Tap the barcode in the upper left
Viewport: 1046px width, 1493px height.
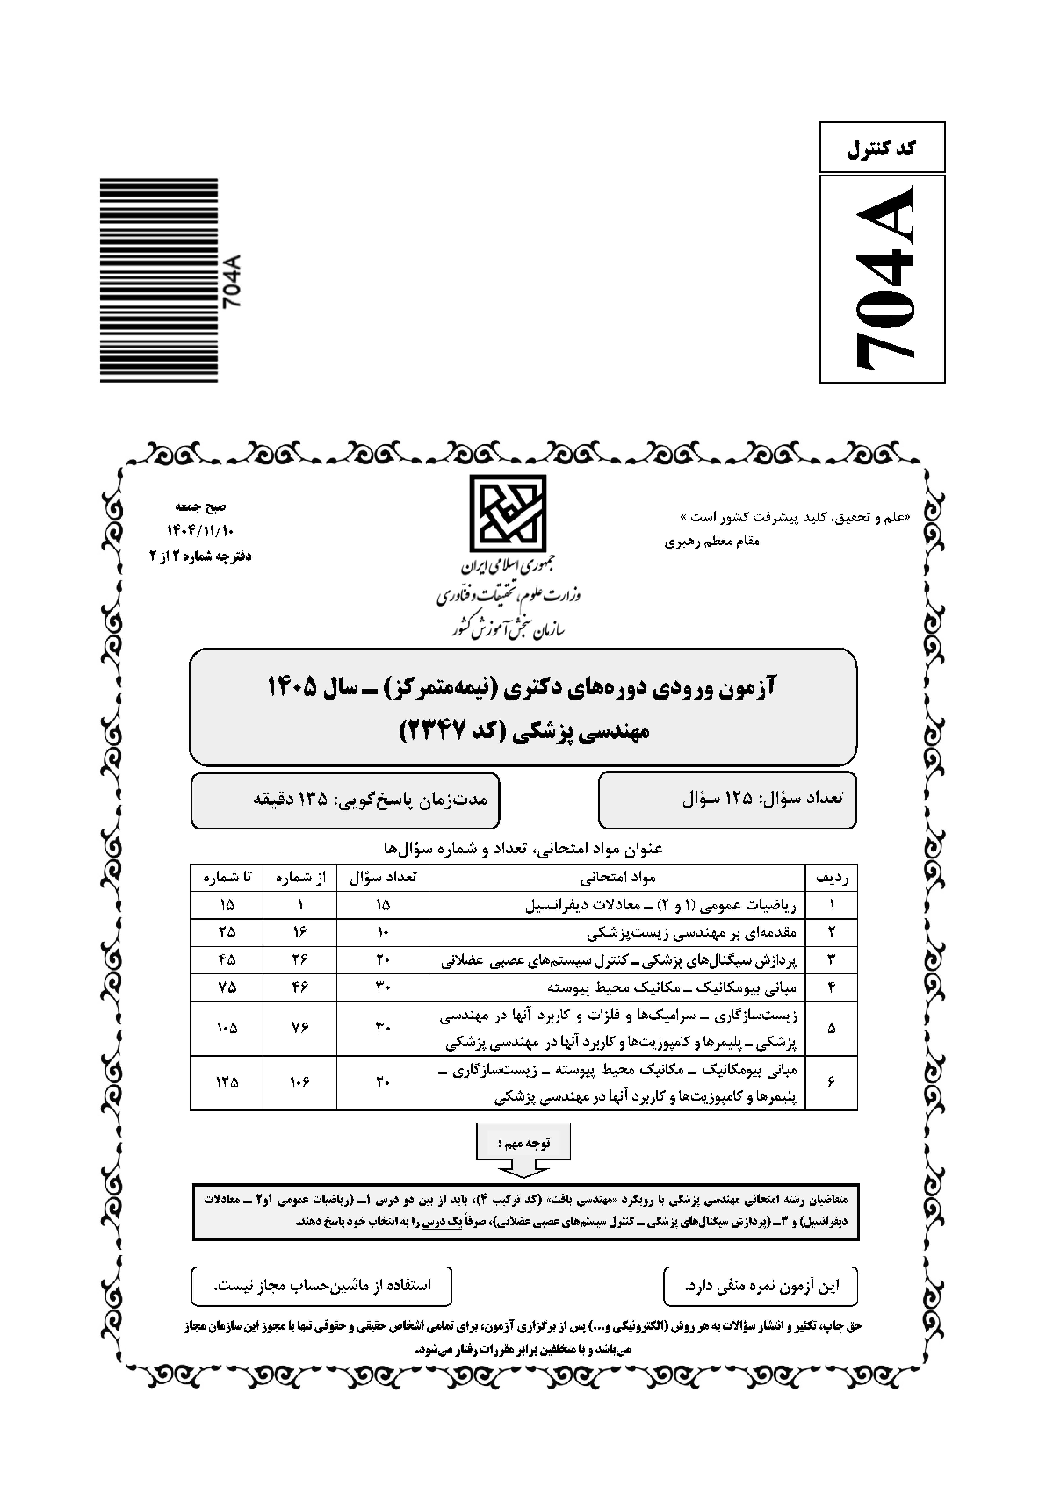(x=158, y=281)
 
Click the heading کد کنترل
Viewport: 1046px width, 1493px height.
(x=882, y=147)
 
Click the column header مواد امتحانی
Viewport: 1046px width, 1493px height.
(x=617, y=877)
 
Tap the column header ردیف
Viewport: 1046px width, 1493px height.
(x=831, y=877)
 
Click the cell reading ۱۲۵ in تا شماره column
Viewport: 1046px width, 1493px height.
(x=227, y=1082)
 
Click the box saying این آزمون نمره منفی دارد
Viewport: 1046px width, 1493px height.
(x=761, y=1286)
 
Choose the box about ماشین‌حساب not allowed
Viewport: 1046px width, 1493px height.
(x=322, y=1286)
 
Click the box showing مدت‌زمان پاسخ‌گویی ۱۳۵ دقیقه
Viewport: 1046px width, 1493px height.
(x=345, y=800)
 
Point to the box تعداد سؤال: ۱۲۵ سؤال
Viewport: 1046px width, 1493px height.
(x=727, y=800)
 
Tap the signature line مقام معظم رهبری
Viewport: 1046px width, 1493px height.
(x=713, y=541)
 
